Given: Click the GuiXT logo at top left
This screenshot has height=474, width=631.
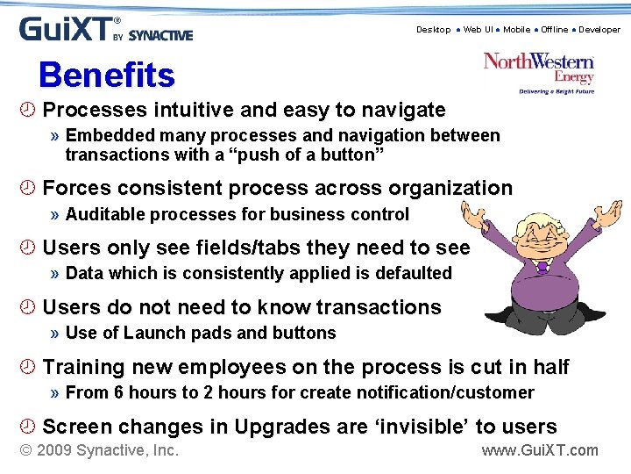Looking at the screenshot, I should (x=105, y=29).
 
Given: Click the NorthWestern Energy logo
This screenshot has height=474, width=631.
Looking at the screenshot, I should (x=539, y=71).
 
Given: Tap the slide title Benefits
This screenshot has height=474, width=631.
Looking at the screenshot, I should (x=107, y=75).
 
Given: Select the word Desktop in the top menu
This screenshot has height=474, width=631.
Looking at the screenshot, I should (x=433, y=30).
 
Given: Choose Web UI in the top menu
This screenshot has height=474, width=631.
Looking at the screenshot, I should (x=478, y=30).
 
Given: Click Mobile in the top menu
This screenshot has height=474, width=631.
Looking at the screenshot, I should (x=516, y=30).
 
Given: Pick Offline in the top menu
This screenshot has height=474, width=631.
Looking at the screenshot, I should (x=554, y=30).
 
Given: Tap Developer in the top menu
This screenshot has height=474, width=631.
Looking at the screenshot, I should (x=599, y=30).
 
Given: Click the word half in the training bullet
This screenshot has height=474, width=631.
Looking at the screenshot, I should (x=549, y=367).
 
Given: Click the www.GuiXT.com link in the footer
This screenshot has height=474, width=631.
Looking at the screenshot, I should (x=540, y=450).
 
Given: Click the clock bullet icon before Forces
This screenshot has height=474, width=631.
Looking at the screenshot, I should (x=28, y=188).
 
